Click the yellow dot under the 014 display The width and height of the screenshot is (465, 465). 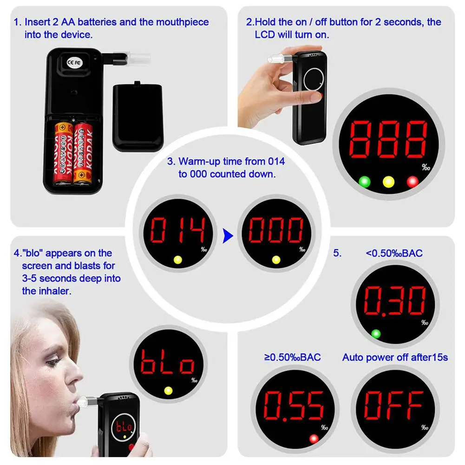point(177,260)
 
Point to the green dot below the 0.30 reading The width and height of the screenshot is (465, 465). point(376,333)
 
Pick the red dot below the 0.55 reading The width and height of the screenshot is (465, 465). point(314,438)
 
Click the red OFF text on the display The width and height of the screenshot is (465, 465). point(394,405)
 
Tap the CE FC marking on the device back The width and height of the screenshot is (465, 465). point(73,62)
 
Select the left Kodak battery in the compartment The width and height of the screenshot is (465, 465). point(63,153)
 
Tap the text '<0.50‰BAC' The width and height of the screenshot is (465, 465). point(394,253)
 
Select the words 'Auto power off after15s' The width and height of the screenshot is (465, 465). point(395,357)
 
